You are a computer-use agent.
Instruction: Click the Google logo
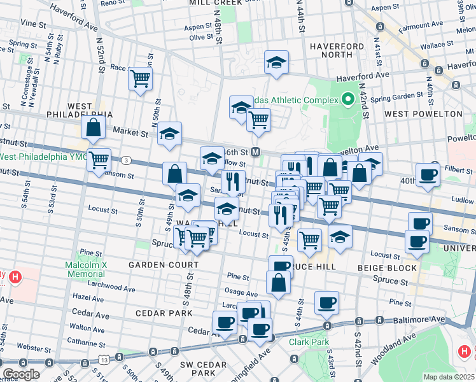[x=21, y=374]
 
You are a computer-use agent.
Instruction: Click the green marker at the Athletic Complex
[x=347, y=99]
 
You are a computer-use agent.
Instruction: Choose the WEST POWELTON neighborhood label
[x=423, y=114]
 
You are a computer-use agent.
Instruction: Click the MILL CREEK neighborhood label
[x=215, y=3]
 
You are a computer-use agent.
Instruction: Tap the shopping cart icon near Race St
[x=140, y=79]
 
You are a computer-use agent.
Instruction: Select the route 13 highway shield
[x=104, y=360]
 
